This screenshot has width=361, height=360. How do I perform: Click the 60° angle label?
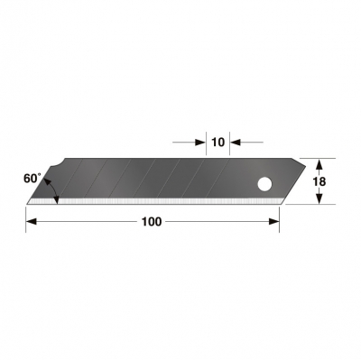coord(33,179)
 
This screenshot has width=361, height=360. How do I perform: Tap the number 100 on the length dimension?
coord(152,223)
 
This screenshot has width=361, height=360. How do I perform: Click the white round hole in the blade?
coord(265,185)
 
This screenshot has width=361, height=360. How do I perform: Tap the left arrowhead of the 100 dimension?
coord(31,224)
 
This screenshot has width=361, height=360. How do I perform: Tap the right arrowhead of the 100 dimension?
coord(274,224)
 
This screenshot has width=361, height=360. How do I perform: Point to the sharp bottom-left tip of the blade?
coord(28,204)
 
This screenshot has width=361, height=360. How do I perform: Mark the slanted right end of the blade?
coord(292,180)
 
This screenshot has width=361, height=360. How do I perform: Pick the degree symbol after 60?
coord(42,174)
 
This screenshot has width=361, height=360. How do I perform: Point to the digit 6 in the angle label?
coord(28,179)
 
